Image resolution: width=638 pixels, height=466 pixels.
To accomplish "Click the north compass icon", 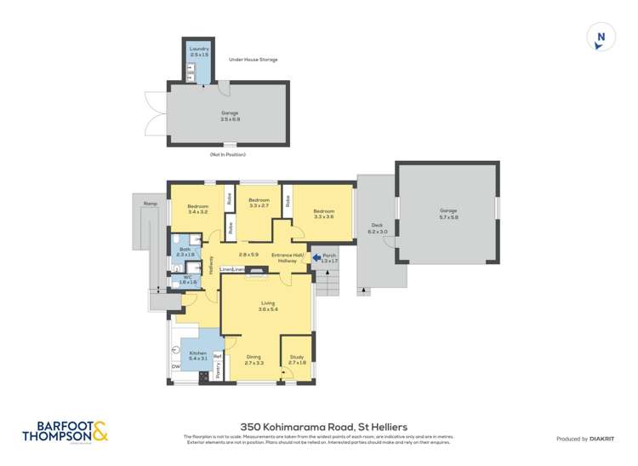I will click(x=601, y=37).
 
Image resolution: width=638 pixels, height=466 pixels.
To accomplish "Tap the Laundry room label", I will click(x=198, y=53).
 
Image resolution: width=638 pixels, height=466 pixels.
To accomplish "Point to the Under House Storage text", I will click(x=253, y=60).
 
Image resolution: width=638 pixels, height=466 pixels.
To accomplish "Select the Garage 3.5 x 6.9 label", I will click(x=230, y=115).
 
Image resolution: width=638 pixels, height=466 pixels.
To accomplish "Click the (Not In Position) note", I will click(x=227, y=154).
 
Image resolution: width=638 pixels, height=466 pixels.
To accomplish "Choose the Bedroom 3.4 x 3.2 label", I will click(x=197, y=209).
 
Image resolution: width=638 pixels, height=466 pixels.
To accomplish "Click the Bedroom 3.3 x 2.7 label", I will click(x=259, y=204).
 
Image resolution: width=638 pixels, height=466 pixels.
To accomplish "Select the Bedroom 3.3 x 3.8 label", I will click(x=323, y=214).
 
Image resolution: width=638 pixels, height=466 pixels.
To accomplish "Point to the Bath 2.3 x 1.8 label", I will click(x=185, y=251).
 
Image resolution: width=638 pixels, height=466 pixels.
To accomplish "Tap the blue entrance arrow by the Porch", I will click(x=317, y=256).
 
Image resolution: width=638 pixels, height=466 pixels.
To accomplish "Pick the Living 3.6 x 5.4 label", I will click(x=268, y=306).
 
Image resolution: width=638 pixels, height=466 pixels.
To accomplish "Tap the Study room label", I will click(x=298, y=360).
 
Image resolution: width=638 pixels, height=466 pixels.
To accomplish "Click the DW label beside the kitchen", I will click(x=174, y=367).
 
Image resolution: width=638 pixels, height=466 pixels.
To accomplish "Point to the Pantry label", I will click(x=218, y=369).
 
